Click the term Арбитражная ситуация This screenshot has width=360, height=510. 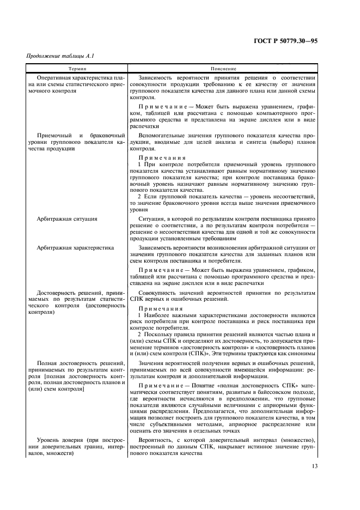coord(67,219)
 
